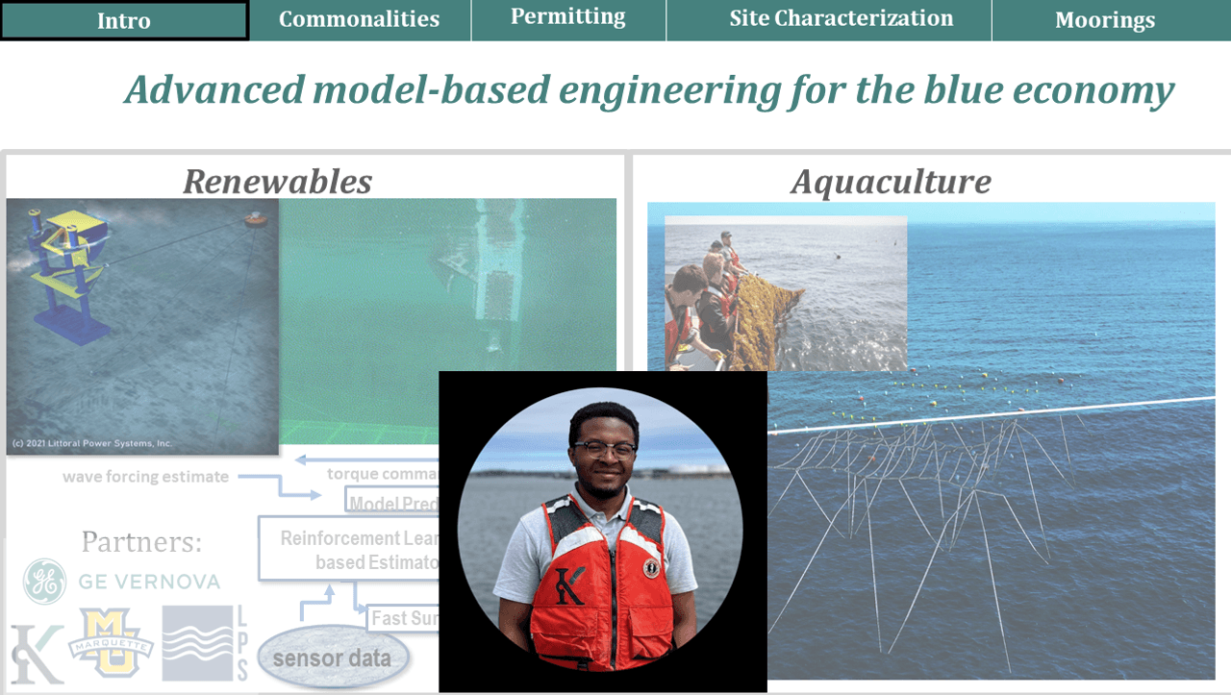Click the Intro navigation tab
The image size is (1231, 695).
[x=124, y=20]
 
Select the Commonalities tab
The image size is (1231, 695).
[x=359, y=19]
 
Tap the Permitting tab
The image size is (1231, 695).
[x=567, y=16]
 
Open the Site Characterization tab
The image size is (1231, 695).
[x=841, y=18]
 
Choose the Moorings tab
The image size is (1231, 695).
[x=1104, y=20]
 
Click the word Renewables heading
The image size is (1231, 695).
[x=277, y=181]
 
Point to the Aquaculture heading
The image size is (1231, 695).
[x=891, y=181]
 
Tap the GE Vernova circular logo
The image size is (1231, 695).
[x=44, y=581]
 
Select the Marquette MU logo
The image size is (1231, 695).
[x=110, y=641]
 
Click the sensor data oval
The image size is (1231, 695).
[x=332, y=658]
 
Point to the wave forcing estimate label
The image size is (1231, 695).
[x=146, y=477]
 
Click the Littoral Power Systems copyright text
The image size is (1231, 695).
[x=91, y=443]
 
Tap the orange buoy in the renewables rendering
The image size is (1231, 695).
[x=256, y=219]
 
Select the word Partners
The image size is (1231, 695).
[x=141, y=542]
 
